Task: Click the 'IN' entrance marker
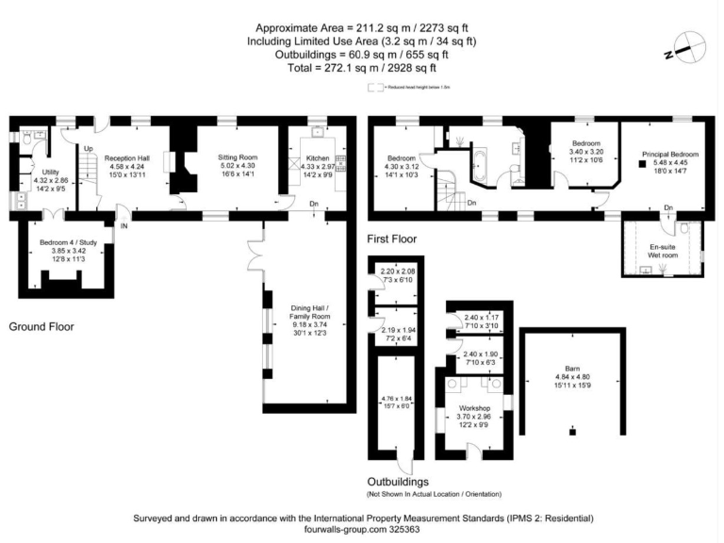(123, 225)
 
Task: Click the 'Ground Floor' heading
(41, 326)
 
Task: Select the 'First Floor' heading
(391, 239)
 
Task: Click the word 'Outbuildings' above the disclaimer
(398, 482)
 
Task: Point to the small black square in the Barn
(571, 431)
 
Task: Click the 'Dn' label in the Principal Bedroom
(668, 207)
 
